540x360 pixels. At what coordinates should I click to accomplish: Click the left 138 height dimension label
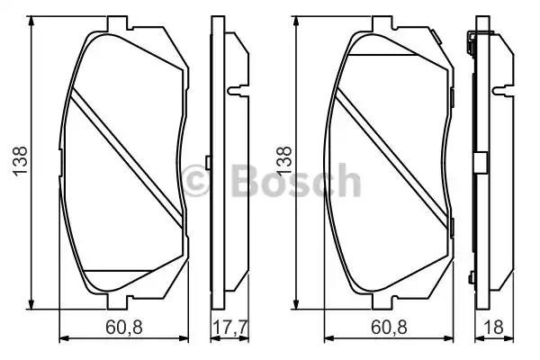[20, 161]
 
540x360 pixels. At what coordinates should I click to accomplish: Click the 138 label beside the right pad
[284, 161]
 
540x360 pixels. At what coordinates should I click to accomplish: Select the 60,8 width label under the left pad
[124, 327]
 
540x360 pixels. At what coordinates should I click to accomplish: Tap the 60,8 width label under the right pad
[389, 327]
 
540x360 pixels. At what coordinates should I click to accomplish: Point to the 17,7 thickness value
[229, 327]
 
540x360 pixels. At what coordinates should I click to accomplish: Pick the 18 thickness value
[493, 327]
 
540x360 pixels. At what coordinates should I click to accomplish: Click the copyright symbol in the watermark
[195, 180]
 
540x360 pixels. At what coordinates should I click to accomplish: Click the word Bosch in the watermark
[296, 180]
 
